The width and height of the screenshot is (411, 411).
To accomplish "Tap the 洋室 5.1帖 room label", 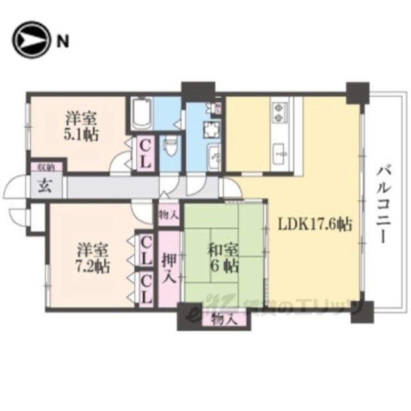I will [x=80, y=127].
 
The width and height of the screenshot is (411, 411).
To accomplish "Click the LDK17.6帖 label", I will [x=315, y=225].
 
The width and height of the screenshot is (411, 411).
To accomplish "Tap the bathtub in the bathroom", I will [x=141, y=112].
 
